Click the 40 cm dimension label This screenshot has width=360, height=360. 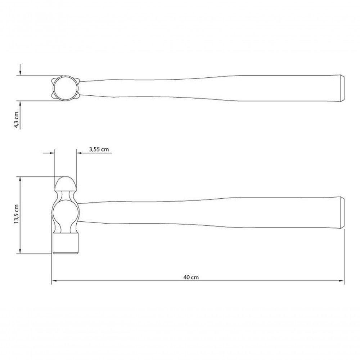(x=191, y=277)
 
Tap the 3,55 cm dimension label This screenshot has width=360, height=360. (x=99, y=149)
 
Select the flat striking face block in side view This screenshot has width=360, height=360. (x=66, y=244)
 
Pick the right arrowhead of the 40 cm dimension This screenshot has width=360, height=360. (x=342, y=280)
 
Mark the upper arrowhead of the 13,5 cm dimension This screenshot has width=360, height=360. (x=21, y=179)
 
